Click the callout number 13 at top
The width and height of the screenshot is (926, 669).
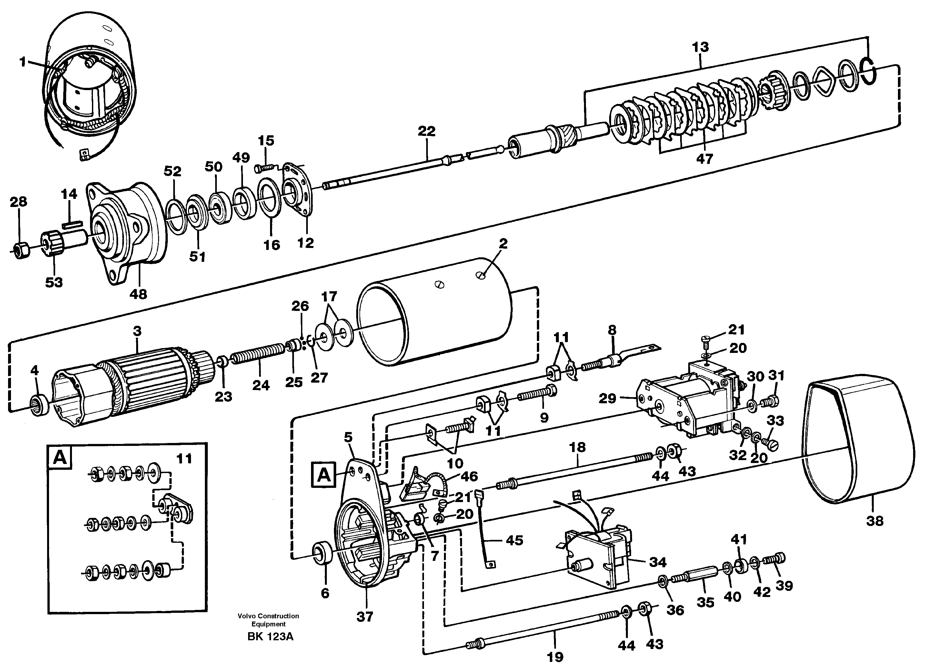coord(700,47)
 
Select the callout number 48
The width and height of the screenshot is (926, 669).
coord(138,294)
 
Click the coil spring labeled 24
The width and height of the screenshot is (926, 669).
coord(258,354)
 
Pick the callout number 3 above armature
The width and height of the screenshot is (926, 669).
coord(137,331)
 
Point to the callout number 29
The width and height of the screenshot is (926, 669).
coord(607,398)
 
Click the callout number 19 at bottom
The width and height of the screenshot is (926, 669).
coord(555,657)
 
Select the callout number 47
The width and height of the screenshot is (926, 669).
coord(704,158)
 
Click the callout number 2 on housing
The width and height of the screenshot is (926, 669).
coord(503,243)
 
